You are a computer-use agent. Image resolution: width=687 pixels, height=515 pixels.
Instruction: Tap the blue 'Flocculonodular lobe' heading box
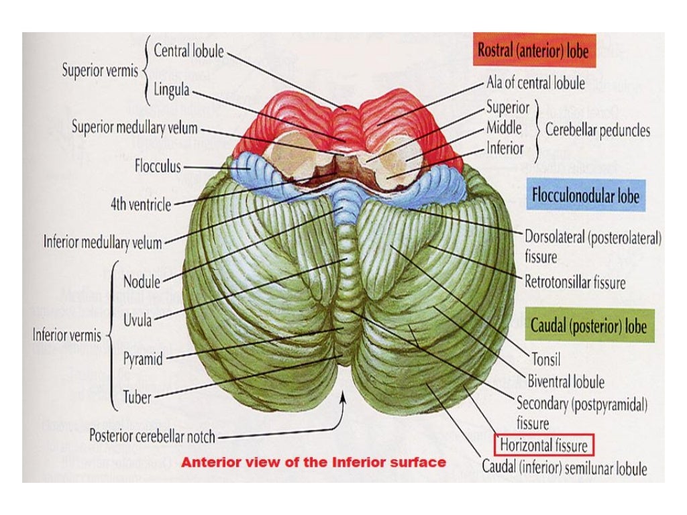(x=586, y=196)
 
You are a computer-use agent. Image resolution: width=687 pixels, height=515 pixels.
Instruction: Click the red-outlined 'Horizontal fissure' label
(x=544, y=445)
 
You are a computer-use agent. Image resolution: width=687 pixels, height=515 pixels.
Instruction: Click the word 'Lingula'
(x=171, y=89)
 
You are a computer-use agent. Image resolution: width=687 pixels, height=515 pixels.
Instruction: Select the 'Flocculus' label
(x=158, y=166)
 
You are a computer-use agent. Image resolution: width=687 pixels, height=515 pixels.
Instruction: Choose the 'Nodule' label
(x=142, y=282)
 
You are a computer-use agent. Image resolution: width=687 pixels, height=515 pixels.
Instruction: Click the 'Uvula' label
(x=138, y=321)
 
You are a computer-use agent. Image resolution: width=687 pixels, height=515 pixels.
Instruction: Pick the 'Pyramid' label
(x=143, y=359)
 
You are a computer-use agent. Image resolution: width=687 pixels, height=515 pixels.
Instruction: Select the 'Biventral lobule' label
(x=566, y=382)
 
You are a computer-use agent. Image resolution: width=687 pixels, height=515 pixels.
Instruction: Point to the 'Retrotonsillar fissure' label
(x=574, y=282)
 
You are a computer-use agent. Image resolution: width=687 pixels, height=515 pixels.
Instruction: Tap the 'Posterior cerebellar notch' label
(x=152, y=437)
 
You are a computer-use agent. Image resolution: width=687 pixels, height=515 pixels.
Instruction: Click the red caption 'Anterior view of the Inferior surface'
(x=314, y=462)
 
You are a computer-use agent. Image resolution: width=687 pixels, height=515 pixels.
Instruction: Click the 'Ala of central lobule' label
(x=535, y=84)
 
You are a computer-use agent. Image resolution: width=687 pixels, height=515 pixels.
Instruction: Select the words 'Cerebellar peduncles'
(x=597, y=129)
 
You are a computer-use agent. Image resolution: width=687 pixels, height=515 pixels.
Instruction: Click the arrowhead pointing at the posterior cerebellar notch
(x=344, y=397)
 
